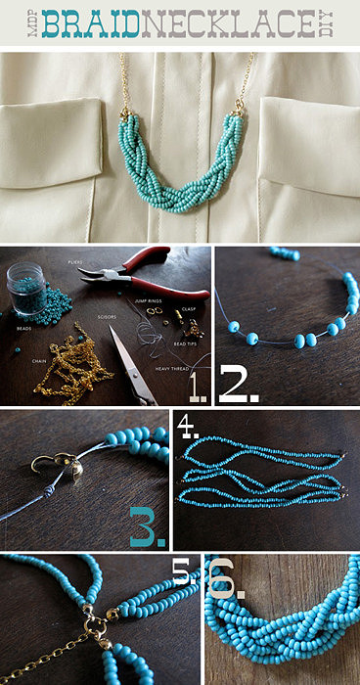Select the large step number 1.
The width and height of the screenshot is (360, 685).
[198, 388]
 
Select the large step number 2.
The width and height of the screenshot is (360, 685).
[239, 386]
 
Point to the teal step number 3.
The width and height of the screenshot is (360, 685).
[148, 527]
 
